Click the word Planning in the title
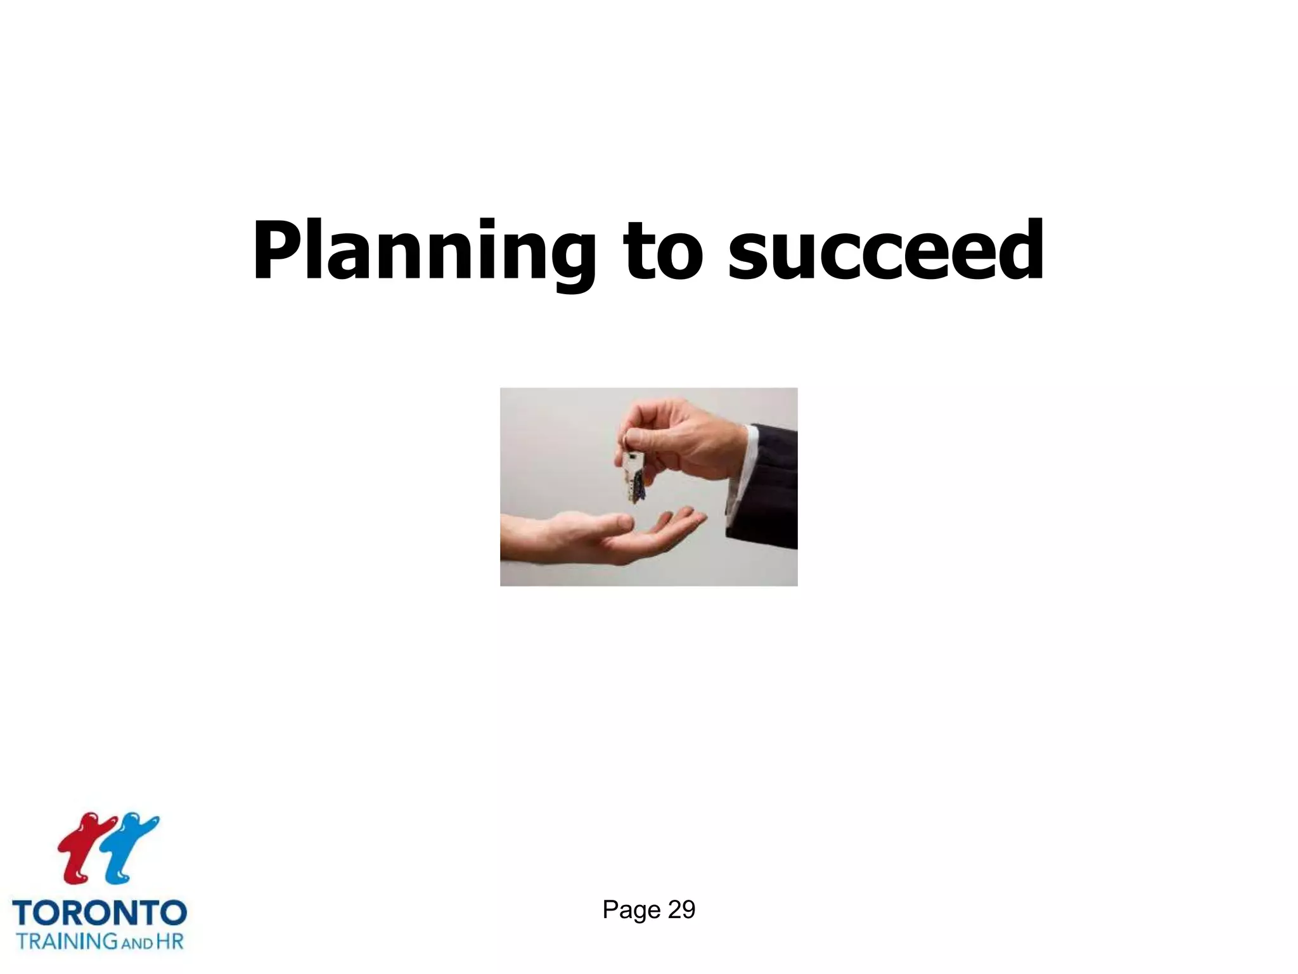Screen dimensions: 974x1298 coord(423,252)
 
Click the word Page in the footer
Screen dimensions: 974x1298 coord(631,910)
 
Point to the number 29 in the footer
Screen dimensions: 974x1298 coord(681,910)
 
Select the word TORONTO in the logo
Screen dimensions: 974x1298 coord(100,914)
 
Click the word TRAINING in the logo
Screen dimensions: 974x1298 coord(67,941)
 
